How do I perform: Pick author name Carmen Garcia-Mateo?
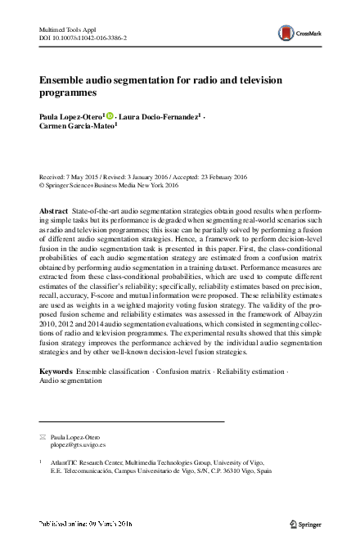click(78, 128)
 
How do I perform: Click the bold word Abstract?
click(54, 211)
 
